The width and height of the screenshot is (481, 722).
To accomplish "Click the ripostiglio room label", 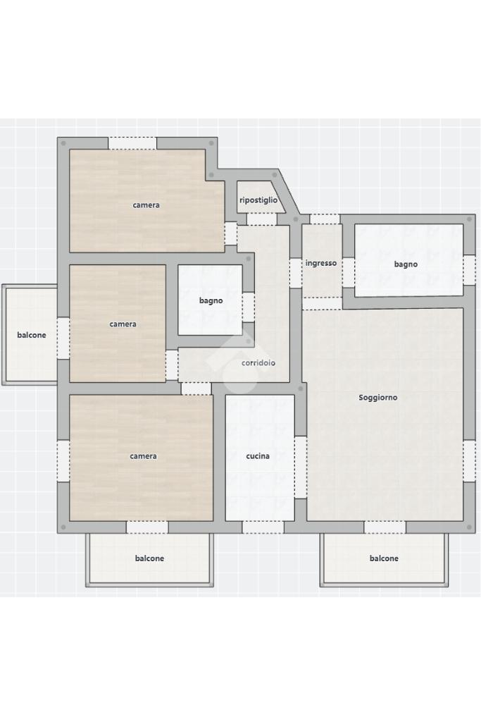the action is pos(258,200).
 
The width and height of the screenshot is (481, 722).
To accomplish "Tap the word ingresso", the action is pos(321,264).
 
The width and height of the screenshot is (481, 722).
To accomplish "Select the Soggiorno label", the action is pos(378,398).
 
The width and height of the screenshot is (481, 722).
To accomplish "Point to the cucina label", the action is pos(258,456).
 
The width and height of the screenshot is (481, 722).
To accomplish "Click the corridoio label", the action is pos(258,363).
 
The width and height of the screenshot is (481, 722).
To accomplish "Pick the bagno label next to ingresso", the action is pos(406,264).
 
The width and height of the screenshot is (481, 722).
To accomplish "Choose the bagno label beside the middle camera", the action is pos(211,300).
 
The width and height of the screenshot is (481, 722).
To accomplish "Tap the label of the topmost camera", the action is pos(146,205).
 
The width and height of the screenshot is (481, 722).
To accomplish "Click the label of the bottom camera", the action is pos(144,456).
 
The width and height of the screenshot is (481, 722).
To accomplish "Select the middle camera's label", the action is pos(123,324).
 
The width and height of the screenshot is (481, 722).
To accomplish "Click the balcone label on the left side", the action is pos(32,335).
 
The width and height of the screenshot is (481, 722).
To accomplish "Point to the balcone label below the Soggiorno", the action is pos(384,558).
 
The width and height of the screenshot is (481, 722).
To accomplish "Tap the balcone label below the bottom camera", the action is pos(149,558).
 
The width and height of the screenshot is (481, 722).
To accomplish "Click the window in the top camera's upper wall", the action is pos(132,143).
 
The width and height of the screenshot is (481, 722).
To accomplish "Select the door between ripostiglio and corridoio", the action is pos(262,219).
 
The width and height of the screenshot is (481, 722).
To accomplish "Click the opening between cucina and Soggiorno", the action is pos(300,467).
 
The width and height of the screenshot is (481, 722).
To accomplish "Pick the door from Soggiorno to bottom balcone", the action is pos(385,527).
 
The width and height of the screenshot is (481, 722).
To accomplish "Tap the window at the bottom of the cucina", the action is pos(263,527).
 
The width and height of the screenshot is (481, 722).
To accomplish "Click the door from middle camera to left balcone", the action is pos(63,338).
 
